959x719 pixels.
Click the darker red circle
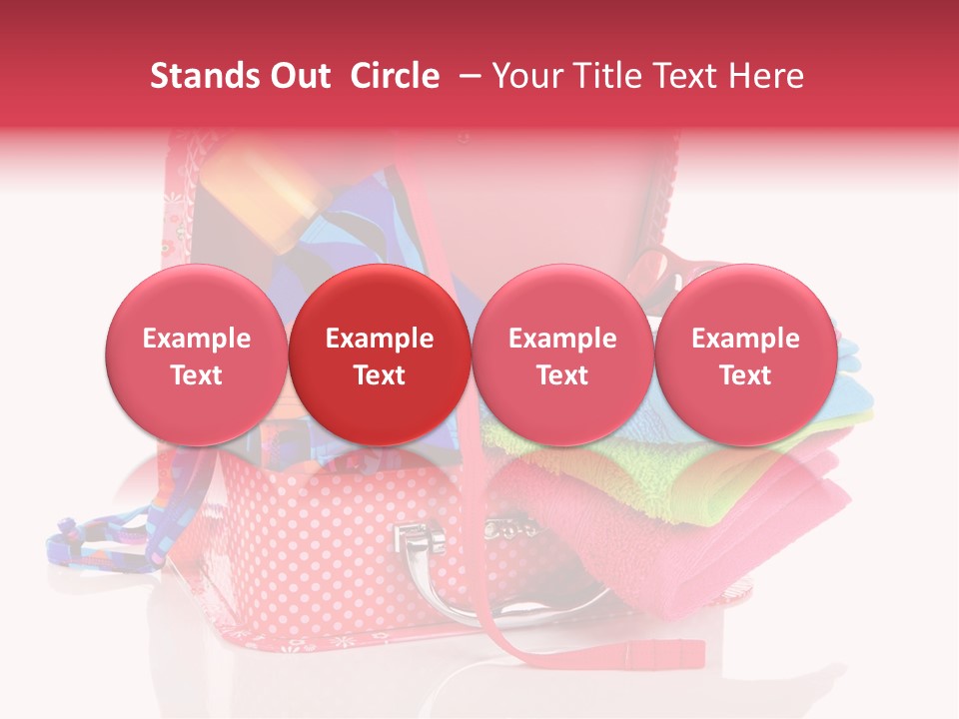pos(380,355)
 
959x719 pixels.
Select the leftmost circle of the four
pos(197,355)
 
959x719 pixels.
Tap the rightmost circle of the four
pos(746,355)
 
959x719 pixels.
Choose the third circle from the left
pos(562,355)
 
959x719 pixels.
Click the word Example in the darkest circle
pos(380,339)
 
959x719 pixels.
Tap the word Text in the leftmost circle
pos(197,375)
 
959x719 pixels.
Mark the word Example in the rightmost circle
pos(746,339)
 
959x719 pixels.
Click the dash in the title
pos(466,76)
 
